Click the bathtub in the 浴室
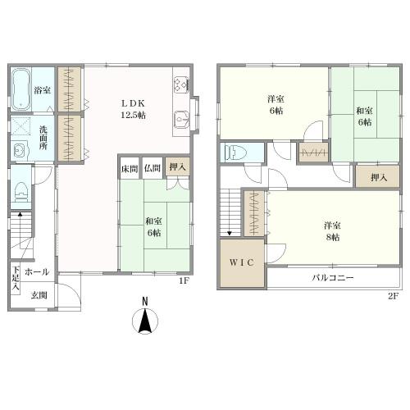point(21,89)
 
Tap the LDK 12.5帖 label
point(133,109)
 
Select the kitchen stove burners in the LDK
point(181,84)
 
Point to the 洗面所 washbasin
point(20,151)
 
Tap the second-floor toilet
point(232,153)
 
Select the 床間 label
point(130,169)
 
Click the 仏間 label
point(152,168)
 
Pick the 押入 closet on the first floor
point(177,167)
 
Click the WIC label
point(242,262)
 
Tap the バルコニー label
point(333,278)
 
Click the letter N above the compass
point(145,301)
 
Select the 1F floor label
point(184,281)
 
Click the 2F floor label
point(394,296)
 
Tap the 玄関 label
point(39,295)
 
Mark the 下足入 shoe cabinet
point(16,279)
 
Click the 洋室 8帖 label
point(332,231)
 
